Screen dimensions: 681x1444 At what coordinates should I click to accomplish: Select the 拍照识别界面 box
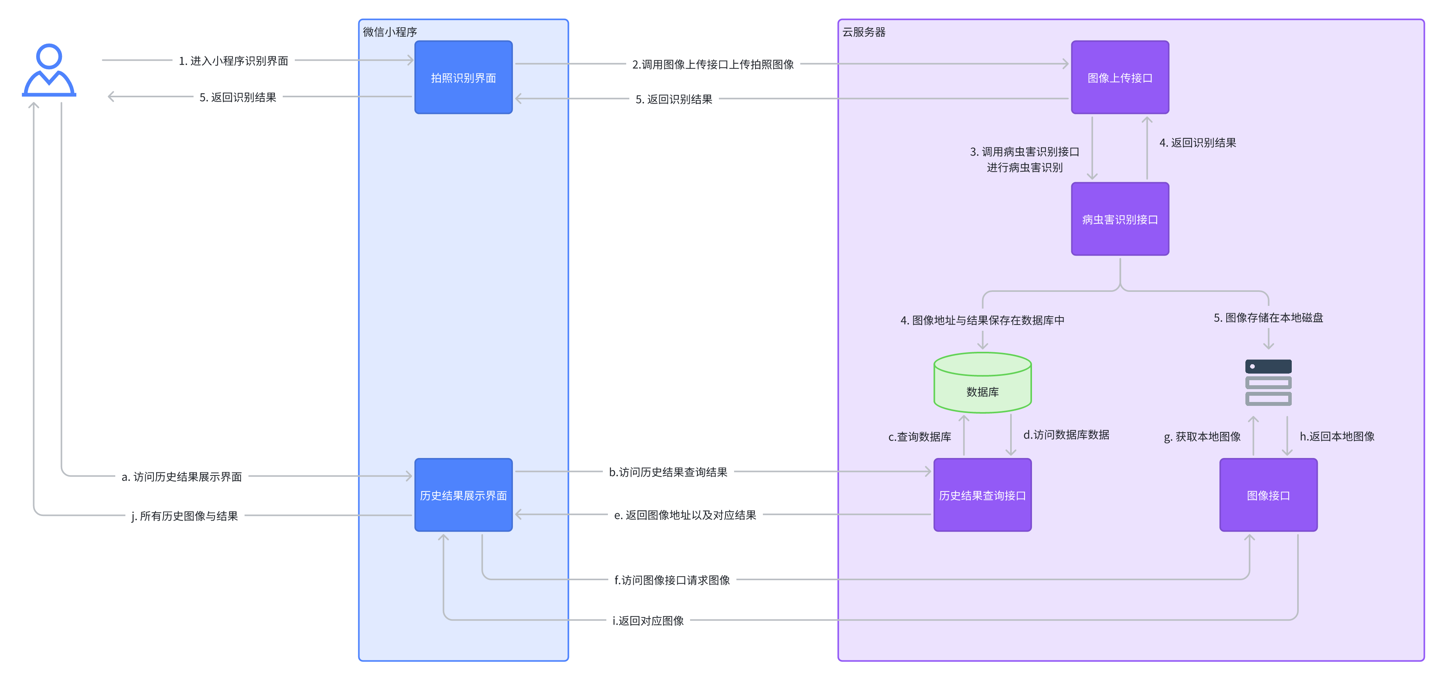pos(463,77)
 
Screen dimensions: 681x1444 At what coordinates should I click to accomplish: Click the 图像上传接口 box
pos(1120,77)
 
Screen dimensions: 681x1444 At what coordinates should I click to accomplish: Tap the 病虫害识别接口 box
pos(1120,219)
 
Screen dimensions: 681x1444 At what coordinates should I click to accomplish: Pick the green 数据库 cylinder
pos(982,384)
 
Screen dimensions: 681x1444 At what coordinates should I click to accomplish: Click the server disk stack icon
pos(1268,383)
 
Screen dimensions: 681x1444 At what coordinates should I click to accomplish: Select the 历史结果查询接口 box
pos(982,495)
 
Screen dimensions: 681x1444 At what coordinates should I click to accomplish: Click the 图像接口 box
pos(1268,495)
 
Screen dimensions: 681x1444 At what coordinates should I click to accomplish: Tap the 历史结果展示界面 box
pos(463,495)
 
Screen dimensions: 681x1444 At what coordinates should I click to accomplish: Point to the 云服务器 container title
pos(864,32)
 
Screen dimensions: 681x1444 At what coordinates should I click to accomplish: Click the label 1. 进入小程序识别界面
pos(233,60)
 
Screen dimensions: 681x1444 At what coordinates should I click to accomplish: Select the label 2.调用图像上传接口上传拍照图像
pos(713,65)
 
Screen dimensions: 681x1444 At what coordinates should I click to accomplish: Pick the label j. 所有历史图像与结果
pos(185,516)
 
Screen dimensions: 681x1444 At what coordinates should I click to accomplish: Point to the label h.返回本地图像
pos(1337,436)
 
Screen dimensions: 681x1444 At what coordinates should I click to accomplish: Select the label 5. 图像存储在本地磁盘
pos(1268,318)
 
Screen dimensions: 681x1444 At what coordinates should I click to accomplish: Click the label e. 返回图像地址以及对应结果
pos(685,515)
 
